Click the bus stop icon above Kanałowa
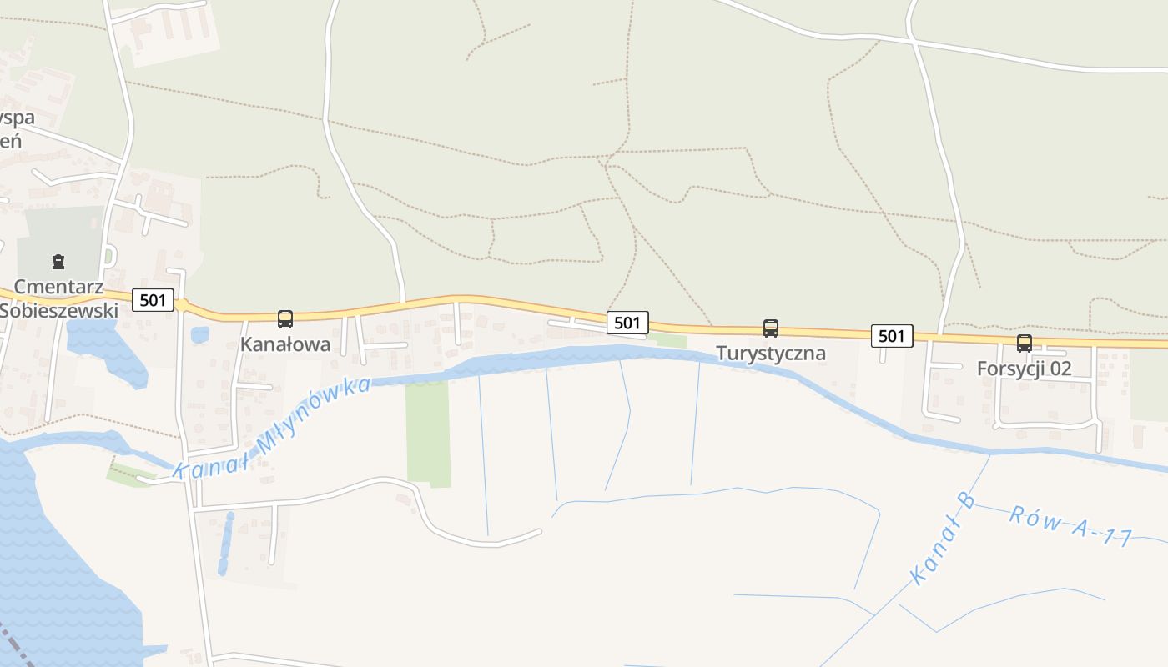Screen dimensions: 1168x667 [285, 318]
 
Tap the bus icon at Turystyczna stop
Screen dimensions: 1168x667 [771, 328]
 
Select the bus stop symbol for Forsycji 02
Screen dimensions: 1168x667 [1025, 343]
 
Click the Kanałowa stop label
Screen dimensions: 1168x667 [285, 344]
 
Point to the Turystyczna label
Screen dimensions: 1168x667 [771, 353]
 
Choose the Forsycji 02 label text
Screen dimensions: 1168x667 [1025, 368]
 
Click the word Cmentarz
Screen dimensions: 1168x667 [58, 288]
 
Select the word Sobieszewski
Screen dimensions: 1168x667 [58, 309]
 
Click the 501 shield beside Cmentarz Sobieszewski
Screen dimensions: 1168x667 [153, 300]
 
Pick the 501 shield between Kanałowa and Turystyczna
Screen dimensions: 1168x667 [627, 323]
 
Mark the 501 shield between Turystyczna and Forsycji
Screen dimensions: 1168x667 [891, 336]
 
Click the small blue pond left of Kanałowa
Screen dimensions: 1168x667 [199, 335]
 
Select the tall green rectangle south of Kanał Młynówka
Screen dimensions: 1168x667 [428, 434]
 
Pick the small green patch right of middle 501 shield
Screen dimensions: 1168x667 [671, 341]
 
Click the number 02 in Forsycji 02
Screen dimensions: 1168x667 [1059, 368]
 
